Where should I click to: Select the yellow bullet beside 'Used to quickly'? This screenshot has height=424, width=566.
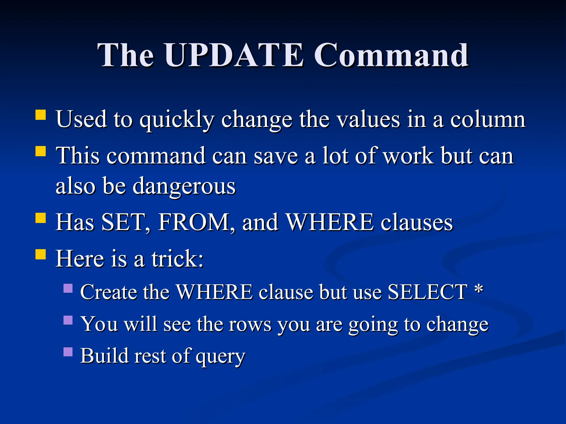coord(41,115)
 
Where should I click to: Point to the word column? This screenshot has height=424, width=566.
coord(488,120)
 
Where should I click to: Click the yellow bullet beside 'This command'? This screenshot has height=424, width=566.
coord(41,151)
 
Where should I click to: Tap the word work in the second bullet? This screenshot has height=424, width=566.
coord(409,156)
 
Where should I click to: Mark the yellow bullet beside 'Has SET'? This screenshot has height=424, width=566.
coord(41,218)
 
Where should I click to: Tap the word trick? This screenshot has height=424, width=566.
coord(177,259)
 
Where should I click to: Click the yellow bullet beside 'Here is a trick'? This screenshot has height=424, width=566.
coord(41,254)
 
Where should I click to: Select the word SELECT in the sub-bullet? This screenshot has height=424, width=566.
coord(428,292)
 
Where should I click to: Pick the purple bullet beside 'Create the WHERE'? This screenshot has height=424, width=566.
coord(68,288)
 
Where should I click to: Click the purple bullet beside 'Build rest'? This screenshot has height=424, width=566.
coord(68,352)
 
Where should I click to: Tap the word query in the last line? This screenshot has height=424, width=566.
coord(220,356)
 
